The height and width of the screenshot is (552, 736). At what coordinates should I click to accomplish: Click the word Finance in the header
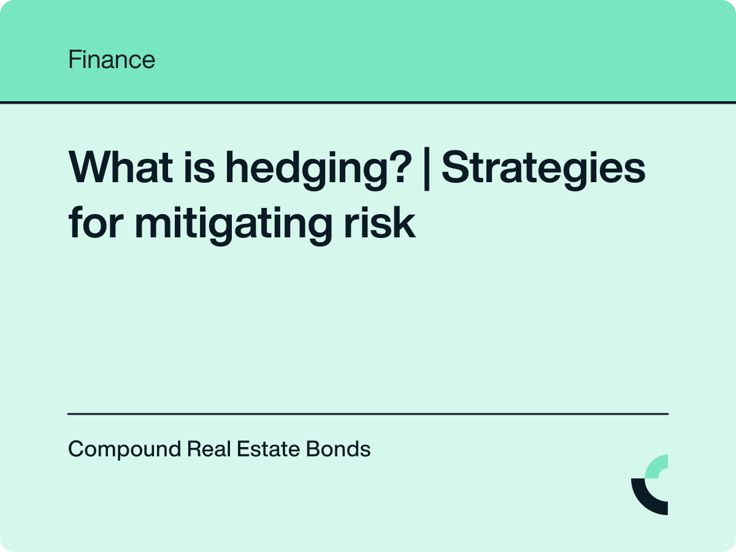coord(112,60)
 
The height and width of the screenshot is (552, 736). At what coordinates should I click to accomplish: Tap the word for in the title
coord(95,223)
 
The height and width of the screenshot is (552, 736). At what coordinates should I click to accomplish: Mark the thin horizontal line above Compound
coord(368,414)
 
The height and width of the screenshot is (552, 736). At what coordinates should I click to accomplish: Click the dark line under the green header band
coord(368,102)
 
